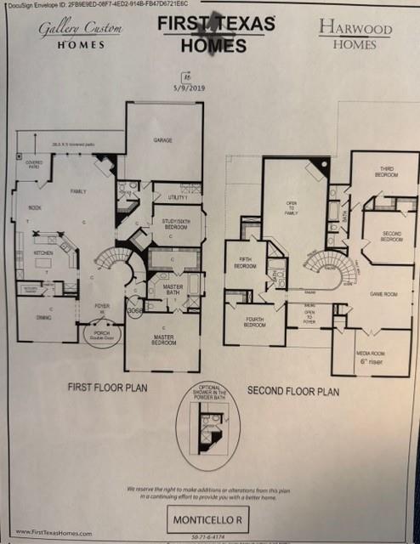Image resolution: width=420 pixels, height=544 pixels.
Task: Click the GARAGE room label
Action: tap(163, 139)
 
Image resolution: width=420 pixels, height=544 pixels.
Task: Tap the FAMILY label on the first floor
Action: tap(79, 191)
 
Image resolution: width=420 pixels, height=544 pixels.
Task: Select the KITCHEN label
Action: tap(43, 252)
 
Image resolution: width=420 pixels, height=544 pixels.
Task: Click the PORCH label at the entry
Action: tap(102, 334)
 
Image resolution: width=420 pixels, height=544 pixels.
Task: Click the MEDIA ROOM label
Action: tap(371, 354)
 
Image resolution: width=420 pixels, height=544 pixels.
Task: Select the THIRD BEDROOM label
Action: tap(388, 172)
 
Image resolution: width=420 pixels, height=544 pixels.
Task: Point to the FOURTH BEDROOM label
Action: tap(254, 323)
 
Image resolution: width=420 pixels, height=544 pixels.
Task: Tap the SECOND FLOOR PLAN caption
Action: tap(293, 391)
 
